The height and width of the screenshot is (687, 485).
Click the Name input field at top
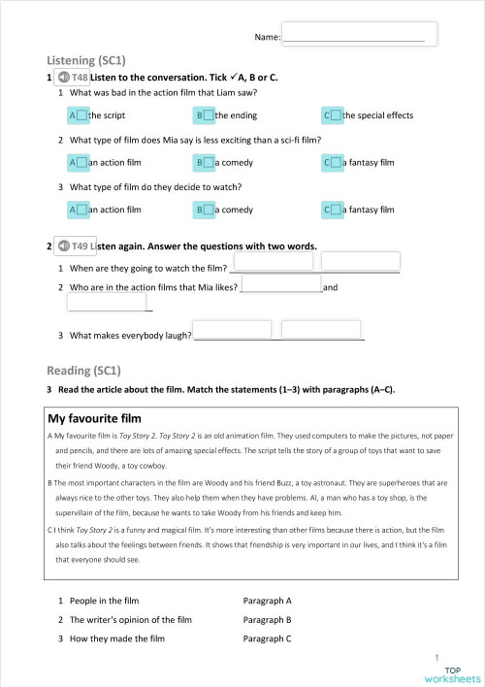(x=359, y=34)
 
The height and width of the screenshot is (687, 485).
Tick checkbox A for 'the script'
(x=81, y=115)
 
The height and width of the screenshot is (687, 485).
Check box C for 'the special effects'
(x=336, y=115)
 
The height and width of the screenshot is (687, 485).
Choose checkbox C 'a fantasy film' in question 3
(x=336, y=209)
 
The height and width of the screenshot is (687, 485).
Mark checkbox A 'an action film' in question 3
(x=81, y=209)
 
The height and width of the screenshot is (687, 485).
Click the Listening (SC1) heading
(x=86, y=59)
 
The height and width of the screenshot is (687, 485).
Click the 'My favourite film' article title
(x=95, y=419)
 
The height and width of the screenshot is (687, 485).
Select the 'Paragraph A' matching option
(x=268, y=602)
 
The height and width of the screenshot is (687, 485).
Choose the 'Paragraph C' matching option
(x=268, y=638)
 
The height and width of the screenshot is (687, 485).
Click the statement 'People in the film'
(x=109, y=602)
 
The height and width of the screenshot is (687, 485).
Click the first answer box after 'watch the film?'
(x=273, y=261)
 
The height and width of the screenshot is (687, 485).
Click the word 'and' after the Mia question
(x=330, y=287)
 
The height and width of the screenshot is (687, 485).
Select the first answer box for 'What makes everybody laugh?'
(x=234, y=330)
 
